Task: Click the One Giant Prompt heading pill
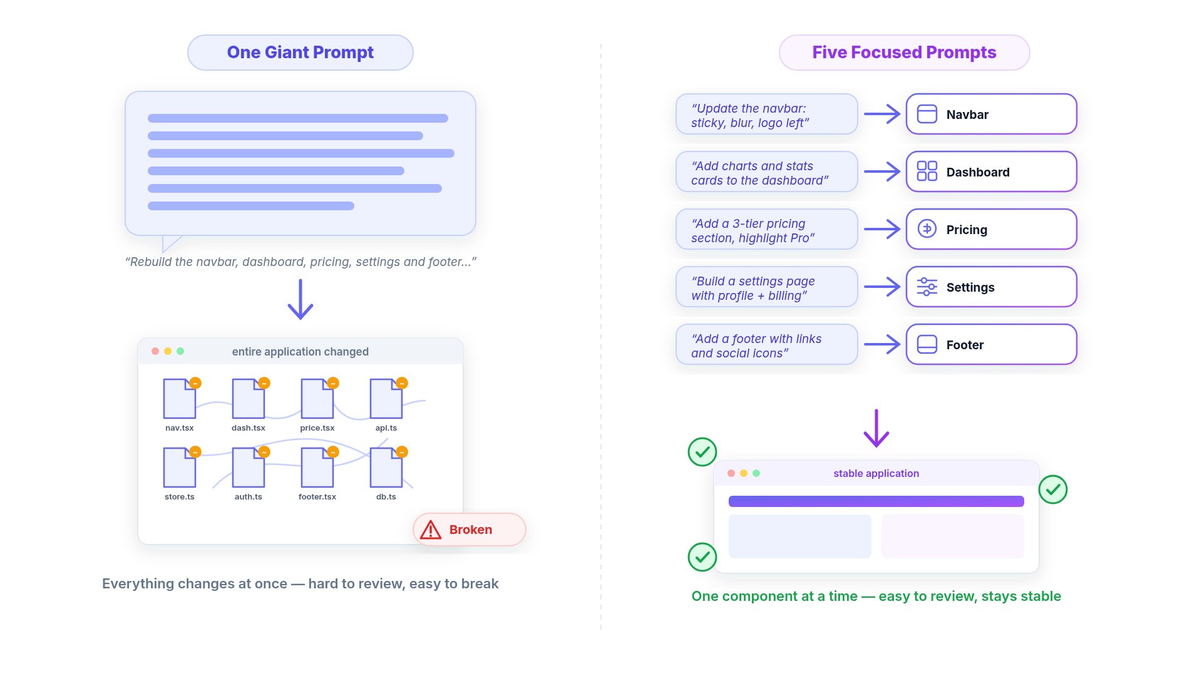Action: click(300, 53)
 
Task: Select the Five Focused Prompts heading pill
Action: click(904, 53)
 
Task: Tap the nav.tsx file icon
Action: click(180, 398)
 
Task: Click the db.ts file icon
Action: click(386, 467)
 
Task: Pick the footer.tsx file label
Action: click(317, 497)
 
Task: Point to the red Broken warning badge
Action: click(470, 530)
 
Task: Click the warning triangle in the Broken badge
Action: click(431, 530)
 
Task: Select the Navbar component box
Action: click(992, 114)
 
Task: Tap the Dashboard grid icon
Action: click(927, 171)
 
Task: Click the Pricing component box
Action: click(992, 229)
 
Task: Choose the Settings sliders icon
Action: click(927, 287)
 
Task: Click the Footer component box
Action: click(992, 344)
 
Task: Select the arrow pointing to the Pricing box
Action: click(882, 229)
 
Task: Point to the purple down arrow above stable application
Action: click(876, 428)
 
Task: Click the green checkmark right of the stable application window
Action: click(1053, 489)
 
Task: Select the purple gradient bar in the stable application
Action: click(876, 501)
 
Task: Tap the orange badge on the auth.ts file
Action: click(264, 452)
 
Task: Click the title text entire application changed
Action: click(300, 352)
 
